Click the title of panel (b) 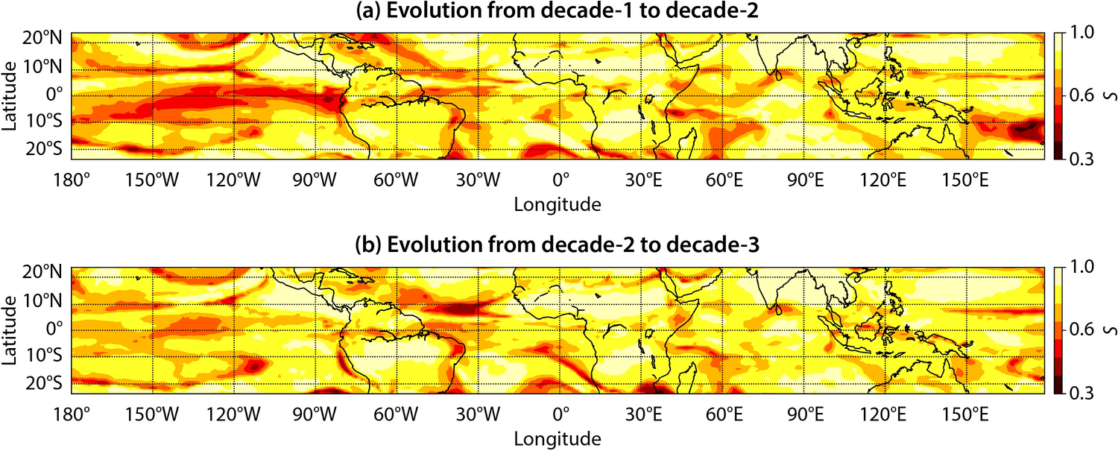click(x=559, y=248)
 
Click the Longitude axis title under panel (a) click(x=559, y=202)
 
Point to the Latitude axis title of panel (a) click(x=10, y=95)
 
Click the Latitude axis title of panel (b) click(x=10, y=329)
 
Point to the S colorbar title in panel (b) click(x=1108, y=329)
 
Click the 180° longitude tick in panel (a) click(x=72, y=180)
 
